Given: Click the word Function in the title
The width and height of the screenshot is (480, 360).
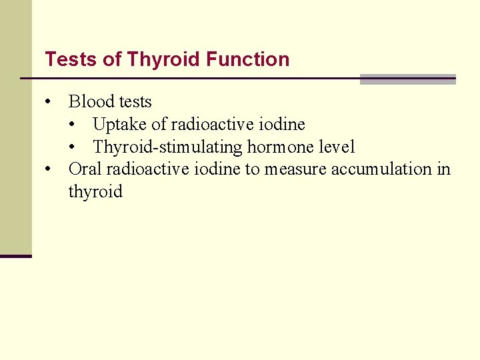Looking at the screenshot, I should click(x=247, y=59).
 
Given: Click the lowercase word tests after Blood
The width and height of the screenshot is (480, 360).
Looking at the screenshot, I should click(x=134, y=102).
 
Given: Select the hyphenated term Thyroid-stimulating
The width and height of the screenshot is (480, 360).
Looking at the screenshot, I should click(x=168, y=147).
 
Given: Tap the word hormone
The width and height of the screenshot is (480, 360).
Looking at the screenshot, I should click(x=281, y=147).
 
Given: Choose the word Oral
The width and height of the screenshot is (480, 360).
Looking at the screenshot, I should click(x=85, y=169).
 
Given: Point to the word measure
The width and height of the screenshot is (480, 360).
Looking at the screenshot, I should click(x=295, y=169).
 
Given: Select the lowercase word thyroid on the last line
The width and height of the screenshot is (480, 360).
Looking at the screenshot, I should click(x=95, y=192).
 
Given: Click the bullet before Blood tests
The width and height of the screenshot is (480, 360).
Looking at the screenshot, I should click(x=49, y=102).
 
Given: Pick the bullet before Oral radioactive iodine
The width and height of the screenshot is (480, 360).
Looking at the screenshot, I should click(x=49, y=169).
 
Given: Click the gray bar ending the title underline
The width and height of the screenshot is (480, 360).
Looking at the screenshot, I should click(x=407, y=79).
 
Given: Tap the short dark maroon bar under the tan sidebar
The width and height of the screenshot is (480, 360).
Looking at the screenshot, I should click(x=15, y=256).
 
